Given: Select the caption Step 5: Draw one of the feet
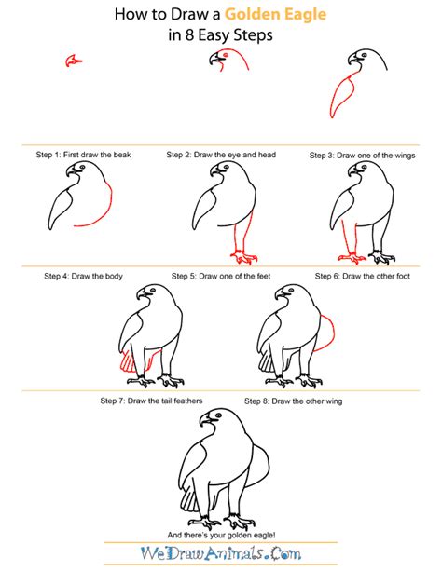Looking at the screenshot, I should (x=222, y=277).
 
